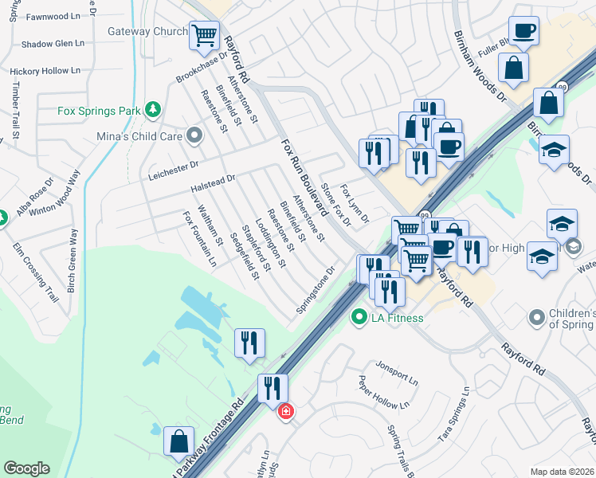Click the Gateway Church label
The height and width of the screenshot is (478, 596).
(x=147, y=32)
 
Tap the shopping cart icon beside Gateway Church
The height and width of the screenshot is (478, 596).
(x=205, y=34)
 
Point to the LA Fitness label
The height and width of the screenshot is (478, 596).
(x=395, y=318)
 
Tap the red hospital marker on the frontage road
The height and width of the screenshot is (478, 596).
(x=285, y=411)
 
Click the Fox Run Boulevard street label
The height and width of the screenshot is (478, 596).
(x=304, y=178)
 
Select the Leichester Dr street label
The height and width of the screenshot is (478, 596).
(x=173, y=166)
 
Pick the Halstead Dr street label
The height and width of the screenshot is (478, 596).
(x=213, y=184)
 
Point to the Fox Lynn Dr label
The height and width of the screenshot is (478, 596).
(x=355, y=204)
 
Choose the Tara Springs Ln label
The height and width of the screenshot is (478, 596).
(x=455, y=422)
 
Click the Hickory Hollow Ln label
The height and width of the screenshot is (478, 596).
(x=45, y=71)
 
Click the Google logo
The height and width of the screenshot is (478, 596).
(x=26, y=468)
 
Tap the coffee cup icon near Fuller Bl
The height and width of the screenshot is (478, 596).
(x=523, y=31)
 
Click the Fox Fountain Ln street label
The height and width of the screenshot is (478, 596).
(x=200, y=238)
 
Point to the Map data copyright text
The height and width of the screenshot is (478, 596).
(x=561, y=472)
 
